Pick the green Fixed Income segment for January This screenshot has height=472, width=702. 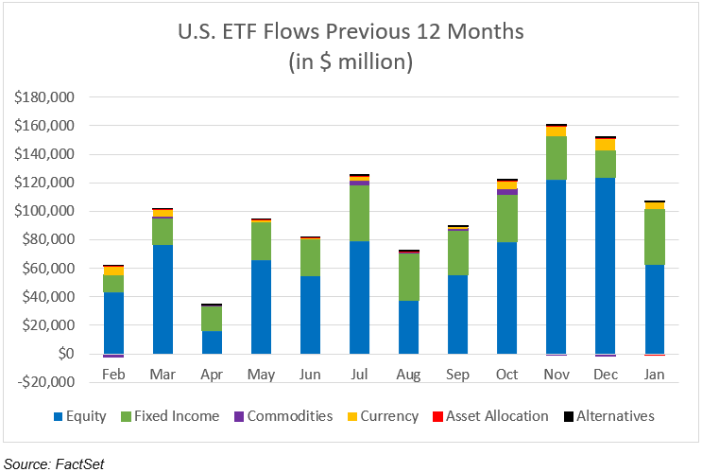655,237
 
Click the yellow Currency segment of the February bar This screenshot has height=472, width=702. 113,271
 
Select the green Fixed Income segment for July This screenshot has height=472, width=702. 359,214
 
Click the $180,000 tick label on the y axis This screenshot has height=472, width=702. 44,97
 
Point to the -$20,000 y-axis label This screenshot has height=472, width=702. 44,382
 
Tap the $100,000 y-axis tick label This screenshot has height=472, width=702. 44,211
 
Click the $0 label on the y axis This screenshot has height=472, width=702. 62,354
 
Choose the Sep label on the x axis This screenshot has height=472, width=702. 458,376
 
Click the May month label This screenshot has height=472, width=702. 261,376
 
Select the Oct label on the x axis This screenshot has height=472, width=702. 507,376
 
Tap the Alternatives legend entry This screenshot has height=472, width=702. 614,415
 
